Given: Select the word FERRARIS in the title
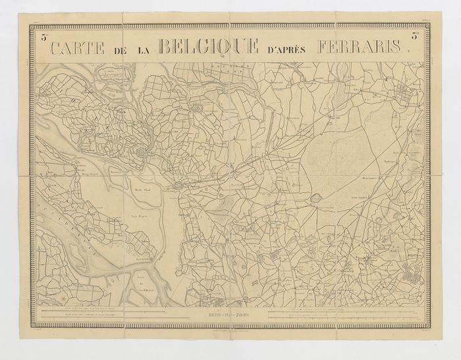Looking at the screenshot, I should (x=362, y=47).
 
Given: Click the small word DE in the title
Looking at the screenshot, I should (x=119, y=49).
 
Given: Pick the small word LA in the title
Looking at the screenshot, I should (x=144, y=49).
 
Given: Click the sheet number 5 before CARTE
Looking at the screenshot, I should (x=41, y=38).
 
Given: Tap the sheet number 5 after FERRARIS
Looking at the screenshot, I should (x=416, y=38).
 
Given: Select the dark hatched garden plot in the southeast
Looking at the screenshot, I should (x=413, y=271).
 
